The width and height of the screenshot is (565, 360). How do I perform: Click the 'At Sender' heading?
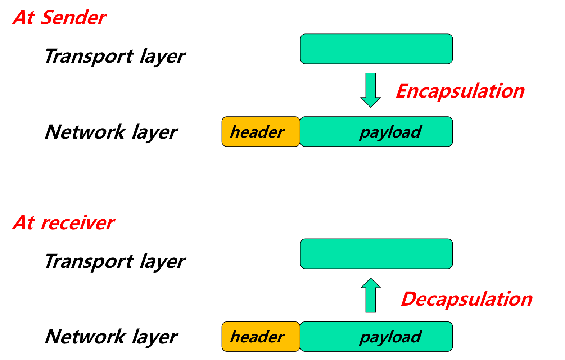pos(59,18)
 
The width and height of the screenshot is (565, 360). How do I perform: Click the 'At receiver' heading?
pos(63,223)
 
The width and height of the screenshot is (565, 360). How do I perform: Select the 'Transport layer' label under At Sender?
pos(114,57)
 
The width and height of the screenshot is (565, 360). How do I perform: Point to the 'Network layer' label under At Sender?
pos(111,132)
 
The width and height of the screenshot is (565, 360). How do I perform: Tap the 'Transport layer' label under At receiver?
pos(114,262)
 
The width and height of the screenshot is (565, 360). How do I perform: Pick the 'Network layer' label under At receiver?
pos(111,337)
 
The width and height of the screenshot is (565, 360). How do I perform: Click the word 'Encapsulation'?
pos(460,91)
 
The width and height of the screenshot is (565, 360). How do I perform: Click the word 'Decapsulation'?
pos(466,299)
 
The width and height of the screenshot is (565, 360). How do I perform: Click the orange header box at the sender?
pos(261,132)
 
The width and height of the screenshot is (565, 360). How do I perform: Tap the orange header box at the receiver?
pos(261,337)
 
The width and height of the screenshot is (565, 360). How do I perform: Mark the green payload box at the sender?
pos(376,132)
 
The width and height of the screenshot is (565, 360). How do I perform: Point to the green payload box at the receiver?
pos(376,337)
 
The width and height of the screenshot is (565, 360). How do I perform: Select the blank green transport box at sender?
pos(376,49)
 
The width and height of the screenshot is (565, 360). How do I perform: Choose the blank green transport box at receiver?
pos(376,254)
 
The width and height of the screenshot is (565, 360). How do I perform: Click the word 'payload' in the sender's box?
pos(390,132)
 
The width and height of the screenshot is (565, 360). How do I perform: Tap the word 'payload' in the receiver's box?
pos(390,337)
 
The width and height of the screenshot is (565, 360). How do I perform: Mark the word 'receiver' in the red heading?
pos(77,223)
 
